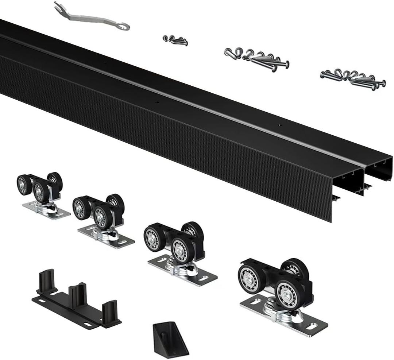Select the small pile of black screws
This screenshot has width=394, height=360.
tap(176, 40)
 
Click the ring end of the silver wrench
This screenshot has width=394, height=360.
tap(123, 26)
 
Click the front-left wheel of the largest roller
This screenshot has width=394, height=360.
tap(252, 279)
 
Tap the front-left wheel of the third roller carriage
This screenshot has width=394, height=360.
tap(154, 239)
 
